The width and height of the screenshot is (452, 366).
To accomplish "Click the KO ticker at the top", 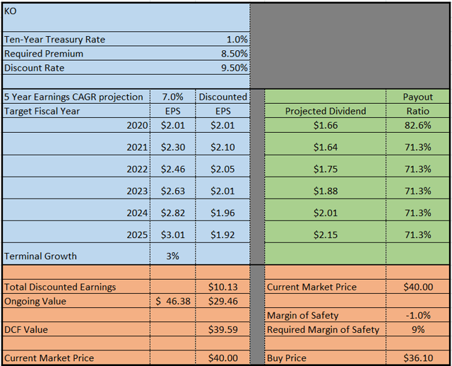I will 11,11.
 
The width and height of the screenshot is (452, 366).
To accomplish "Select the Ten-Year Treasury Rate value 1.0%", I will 237,40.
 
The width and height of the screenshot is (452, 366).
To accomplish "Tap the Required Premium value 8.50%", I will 234,54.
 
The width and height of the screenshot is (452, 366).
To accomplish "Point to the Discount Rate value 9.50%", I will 234,68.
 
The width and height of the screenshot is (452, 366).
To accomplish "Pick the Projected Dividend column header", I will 325,111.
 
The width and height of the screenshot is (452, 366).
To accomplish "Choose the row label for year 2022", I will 136,169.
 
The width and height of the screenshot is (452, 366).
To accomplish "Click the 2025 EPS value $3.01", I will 172,235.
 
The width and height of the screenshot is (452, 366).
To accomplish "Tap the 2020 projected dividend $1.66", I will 325,125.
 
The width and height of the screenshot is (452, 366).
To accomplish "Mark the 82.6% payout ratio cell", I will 417,125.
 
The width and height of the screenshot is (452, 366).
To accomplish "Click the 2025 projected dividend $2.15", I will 325,235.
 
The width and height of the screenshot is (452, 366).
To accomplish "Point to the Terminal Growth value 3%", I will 172,256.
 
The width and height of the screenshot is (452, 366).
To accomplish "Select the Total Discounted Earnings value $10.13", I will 222,287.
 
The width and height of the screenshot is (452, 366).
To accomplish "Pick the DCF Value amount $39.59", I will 222,329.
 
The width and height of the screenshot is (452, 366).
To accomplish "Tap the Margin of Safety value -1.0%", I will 417,315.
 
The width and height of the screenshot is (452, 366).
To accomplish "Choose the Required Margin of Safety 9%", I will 420,329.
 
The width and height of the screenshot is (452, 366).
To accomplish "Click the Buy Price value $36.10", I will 417,358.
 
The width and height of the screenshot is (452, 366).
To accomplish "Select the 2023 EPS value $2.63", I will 172,191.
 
